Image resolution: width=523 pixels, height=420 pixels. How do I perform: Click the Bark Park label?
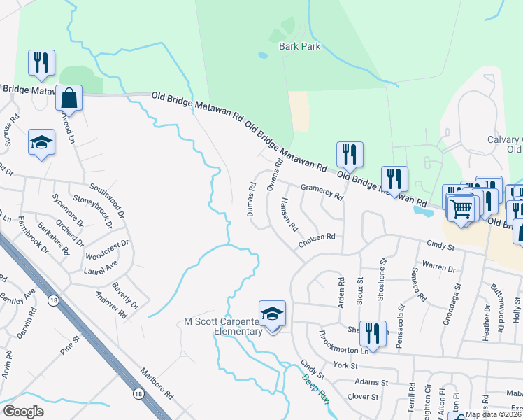(x=299, y=46)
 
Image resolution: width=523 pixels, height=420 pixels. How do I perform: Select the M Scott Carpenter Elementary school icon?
(x=272, y=314)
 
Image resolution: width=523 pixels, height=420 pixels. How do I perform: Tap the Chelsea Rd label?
(x=317, y=237)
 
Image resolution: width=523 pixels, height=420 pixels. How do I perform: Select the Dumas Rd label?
(x=251, y=199)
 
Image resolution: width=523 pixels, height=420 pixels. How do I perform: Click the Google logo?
(x=24, y=412)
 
